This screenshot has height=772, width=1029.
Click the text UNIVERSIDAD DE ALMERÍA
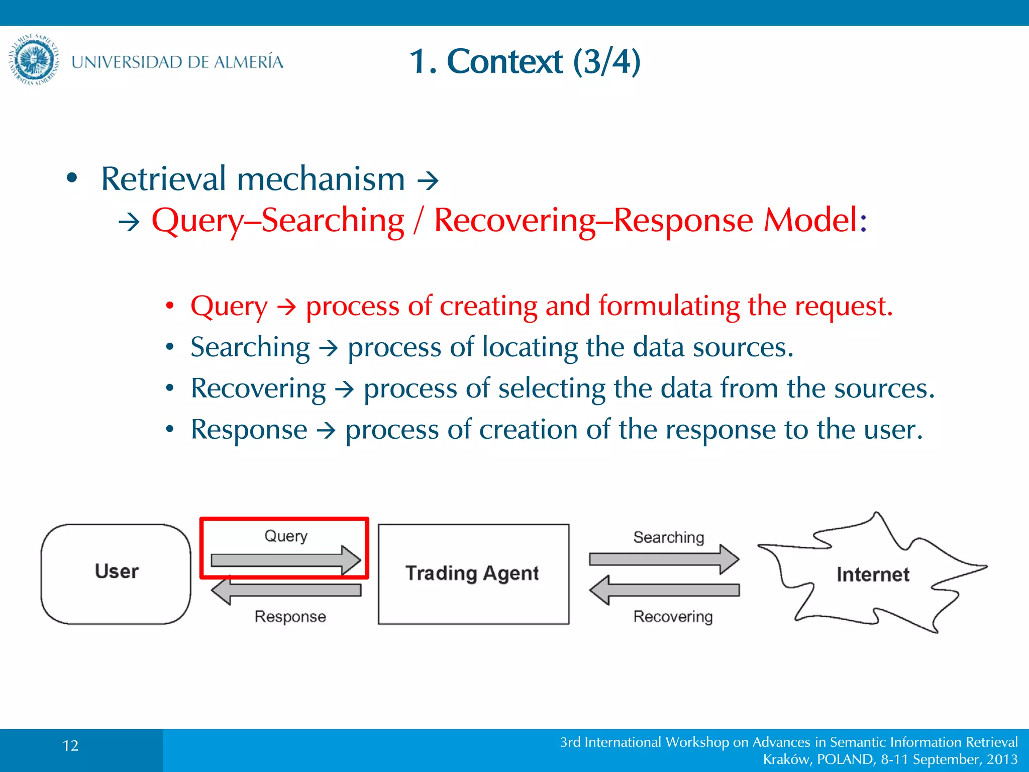tap(177, 62)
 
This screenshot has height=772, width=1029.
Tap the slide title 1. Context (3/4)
tap(525, 61)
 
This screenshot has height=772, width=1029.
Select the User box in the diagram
tap(116, 573)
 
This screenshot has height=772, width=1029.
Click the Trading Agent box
tap(473, 573)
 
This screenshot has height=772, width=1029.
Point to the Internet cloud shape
tap(872, 574)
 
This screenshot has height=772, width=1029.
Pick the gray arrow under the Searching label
tap(663, 559)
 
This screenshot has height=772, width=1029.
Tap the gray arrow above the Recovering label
tap(663, 590)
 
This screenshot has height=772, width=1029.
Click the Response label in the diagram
tap(290, 617)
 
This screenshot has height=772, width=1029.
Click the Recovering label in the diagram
tap(673, 617)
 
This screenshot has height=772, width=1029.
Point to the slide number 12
tap(70, 745)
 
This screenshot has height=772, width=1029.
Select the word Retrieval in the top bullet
tap(163, 179)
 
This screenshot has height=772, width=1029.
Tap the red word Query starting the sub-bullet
tap(229, 307)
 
